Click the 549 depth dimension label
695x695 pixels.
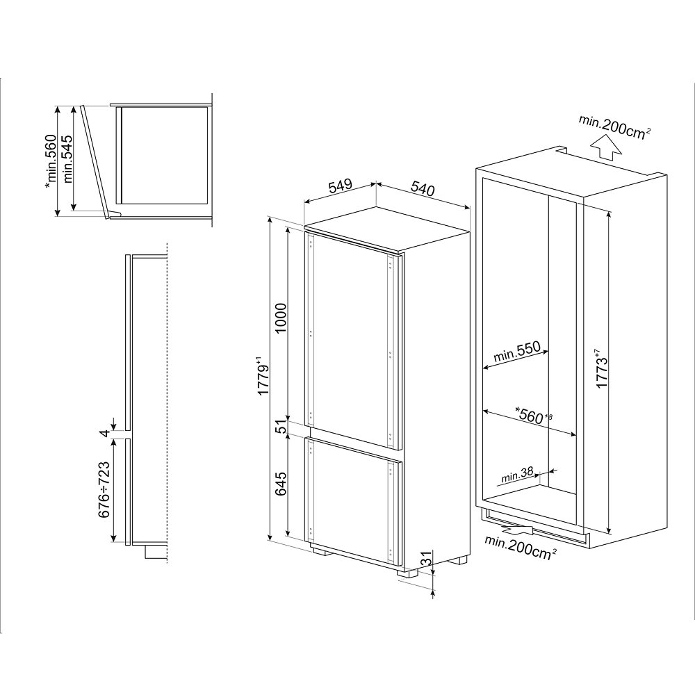coord(341,186)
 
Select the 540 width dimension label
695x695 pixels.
coord(423,188)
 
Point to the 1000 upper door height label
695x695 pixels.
coord(281,319)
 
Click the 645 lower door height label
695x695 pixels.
coord(281,484)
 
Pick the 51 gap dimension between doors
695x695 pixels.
coord(281,427)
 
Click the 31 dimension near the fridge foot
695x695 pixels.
coord(425,559)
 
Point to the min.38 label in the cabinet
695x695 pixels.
coord(517,474)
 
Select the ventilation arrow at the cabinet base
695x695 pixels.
coord(517,529)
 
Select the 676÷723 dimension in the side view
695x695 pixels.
coord(104,490)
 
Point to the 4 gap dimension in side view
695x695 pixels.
coord(105,433)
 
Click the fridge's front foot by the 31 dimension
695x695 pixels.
coord(408,572)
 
